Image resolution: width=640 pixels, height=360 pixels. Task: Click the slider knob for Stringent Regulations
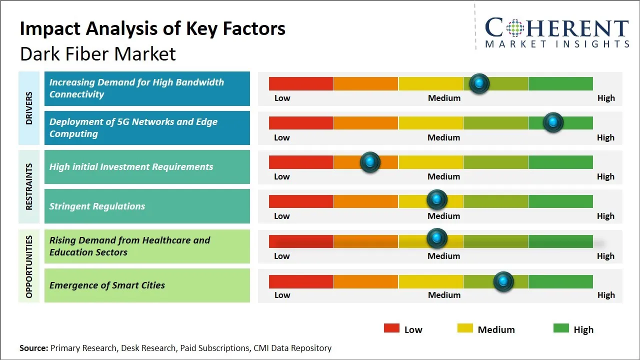click(x=437, y=200)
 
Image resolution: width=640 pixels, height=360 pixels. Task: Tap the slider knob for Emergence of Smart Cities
click(x=503, y=281)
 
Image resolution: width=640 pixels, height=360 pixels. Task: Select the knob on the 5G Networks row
click(x=553, y=122)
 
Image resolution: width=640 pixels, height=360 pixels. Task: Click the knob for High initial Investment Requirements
click(x=370, y=161)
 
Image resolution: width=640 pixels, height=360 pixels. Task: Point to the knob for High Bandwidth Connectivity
click(x=479, y=83)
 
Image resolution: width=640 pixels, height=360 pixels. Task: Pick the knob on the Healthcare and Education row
click(x=437, y=238)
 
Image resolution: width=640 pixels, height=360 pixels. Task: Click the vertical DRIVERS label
click(x=28, y=108)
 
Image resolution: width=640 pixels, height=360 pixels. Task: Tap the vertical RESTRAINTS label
click(x=28, y=186)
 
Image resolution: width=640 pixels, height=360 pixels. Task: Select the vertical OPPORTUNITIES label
click(x=28, y=266)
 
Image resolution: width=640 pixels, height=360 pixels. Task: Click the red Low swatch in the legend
click(x=391, y=328)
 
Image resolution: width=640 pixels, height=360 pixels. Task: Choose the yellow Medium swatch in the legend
click(x=465, y=328)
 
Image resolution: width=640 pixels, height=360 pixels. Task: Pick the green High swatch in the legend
click(x=561, y=328)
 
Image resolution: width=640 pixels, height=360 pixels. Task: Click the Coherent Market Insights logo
click(x=556, y=32)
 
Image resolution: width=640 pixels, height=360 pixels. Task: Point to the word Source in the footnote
click(x=33, y=348)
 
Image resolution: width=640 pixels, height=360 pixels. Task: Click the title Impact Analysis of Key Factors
click(x=152, y=28)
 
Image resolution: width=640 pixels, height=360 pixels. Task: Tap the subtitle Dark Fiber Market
click(x=98, y=53)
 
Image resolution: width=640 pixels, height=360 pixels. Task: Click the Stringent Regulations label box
click(x=147, y=206)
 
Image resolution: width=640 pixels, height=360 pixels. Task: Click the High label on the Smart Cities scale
click(x=606, y=295)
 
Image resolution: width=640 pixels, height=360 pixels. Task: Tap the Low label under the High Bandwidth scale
click(x=282, y=98)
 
